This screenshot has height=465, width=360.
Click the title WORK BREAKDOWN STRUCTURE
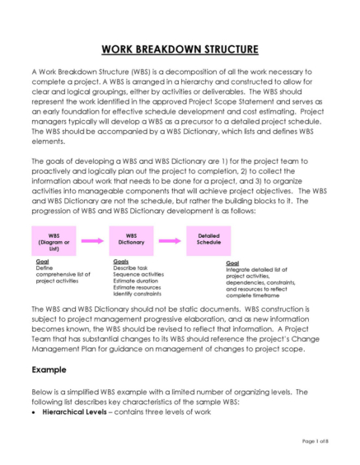pos(180,49)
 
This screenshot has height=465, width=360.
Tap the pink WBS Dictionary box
pos(131,239)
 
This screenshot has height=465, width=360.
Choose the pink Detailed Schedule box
pos(208,239)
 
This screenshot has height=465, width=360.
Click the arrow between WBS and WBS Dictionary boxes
pos(92,240)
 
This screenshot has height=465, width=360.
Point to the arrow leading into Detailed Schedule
pos(171,240)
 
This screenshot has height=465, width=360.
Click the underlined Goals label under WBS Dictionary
pos(121,261)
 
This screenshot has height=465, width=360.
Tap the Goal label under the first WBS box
pos(44,261)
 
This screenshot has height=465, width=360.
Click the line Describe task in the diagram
pos(130,267)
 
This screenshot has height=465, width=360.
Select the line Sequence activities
pos(138,274)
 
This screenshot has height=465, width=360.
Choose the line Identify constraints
pos(136,294)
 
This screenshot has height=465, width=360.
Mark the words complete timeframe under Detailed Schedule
pos(255,294)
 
